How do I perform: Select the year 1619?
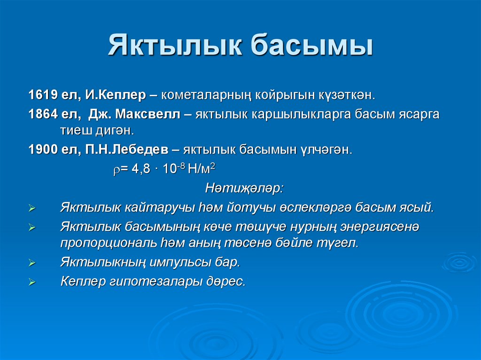click(x=42, y=95)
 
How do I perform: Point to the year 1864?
click(x=42, y=115)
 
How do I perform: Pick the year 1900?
click(x=42, y=150)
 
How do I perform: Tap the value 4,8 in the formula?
click(x=140, y=169)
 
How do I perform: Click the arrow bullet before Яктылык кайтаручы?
click(x=32, y=208)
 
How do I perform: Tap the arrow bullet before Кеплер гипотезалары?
click(x=32, y=283)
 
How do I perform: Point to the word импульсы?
click(x=182, y=262)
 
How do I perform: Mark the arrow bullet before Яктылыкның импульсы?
click(x=32, y=263)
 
